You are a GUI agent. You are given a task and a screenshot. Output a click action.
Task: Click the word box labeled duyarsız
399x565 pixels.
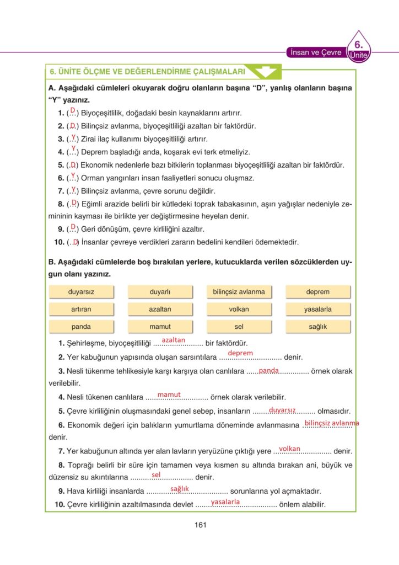pos(81,292)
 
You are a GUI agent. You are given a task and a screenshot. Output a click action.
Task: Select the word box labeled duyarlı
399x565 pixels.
pos(160,292)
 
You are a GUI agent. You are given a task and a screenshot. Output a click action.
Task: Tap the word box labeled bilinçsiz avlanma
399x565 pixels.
pos(239,292)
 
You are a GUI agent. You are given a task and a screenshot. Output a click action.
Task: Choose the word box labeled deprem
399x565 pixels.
pos(317,292)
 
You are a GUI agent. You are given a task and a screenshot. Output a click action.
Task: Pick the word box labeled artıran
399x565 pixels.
pos(81,309)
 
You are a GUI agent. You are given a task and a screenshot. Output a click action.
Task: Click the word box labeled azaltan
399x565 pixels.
pos(160,309)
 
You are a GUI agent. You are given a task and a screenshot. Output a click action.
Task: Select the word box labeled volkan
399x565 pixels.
pos(239,309)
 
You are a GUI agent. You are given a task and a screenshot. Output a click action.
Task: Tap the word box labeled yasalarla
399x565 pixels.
pos(317,309)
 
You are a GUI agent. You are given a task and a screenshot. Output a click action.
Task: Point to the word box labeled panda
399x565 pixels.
pos(81,327)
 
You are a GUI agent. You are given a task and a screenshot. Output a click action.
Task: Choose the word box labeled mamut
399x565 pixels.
pos(160,327)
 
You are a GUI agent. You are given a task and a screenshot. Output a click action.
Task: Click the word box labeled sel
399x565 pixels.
pos(239,327)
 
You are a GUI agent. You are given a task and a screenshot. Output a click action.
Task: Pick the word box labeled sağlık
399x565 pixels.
pos(317,327)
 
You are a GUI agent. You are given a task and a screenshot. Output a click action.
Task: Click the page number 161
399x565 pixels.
pos(200,525)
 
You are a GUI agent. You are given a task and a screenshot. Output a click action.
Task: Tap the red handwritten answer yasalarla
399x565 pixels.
pos(225,502)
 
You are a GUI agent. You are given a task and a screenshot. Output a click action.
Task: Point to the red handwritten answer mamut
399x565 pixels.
pos(169,394)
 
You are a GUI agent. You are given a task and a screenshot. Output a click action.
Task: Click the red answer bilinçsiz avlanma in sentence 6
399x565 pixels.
pos(332,423)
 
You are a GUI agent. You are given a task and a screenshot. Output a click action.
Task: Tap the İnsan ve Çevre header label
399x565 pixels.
pos(315,52)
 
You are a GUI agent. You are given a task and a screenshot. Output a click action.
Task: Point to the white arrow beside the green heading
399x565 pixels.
pos(263,71)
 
